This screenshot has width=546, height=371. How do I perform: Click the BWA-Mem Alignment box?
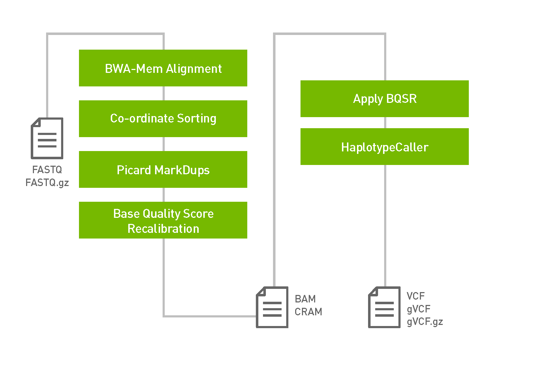[163, 68]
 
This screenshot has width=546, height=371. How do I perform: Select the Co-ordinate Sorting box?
[163, 119]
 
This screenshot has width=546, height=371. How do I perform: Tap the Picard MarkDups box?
[163, 169]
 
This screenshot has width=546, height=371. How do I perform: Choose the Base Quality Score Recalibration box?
[163, 220]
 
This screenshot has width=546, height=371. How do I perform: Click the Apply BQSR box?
[384, 99]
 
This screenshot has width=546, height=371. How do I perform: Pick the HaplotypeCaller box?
[384, 146]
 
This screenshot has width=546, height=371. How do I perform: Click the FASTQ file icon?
[47, 138]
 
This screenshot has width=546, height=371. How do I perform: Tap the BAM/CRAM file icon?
[272, 307]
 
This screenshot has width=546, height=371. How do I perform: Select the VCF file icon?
[384, 307]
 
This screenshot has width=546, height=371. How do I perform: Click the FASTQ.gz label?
[47, 183]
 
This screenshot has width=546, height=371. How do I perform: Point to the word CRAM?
[308, 312]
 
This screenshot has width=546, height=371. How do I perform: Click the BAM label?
[305, 299]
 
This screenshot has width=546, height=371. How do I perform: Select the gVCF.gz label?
[425, 322]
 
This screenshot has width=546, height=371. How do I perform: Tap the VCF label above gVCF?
[416, 296]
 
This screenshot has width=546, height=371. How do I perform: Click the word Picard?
[134, 170]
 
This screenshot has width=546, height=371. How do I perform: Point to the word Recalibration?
[163, 229]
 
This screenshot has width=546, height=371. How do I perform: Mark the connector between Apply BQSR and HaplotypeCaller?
[385, 122]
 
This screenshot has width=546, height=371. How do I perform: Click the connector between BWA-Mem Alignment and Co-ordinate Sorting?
[164, 93]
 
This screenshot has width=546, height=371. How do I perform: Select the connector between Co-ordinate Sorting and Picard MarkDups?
[164, 144]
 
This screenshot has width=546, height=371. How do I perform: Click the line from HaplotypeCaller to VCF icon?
[385, 225]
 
